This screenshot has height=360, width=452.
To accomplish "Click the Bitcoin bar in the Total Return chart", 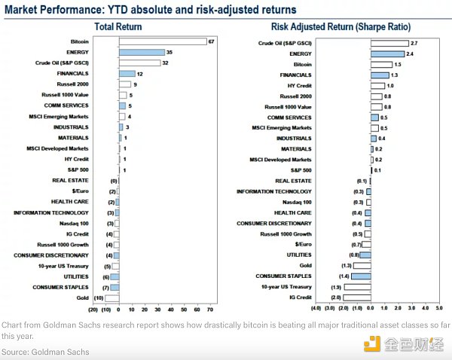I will pos(162,41).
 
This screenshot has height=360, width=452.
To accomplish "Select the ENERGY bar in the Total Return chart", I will pos(141,52).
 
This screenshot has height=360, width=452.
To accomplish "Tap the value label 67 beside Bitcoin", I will pos(212,41).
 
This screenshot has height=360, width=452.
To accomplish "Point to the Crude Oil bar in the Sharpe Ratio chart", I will pos(389,44).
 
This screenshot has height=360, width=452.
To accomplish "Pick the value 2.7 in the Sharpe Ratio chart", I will pos(414,44).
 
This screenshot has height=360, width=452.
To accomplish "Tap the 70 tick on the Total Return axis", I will pos(211,310).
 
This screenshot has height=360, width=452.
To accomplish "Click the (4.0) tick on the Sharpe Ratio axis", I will pos(316,309).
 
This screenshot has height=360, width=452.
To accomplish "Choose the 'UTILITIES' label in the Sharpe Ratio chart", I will pos(298,255).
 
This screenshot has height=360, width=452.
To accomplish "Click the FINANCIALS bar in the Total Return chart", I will pos(126,74).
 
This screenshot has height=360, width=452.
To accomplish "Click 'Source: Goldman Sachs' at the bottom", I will pos(44,352).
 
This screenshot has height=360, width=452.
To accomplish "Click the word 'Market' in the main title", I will pos(20,9).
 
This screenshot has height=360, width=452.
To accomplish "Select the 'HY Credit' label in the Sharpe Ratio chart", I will pos(298,86).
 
